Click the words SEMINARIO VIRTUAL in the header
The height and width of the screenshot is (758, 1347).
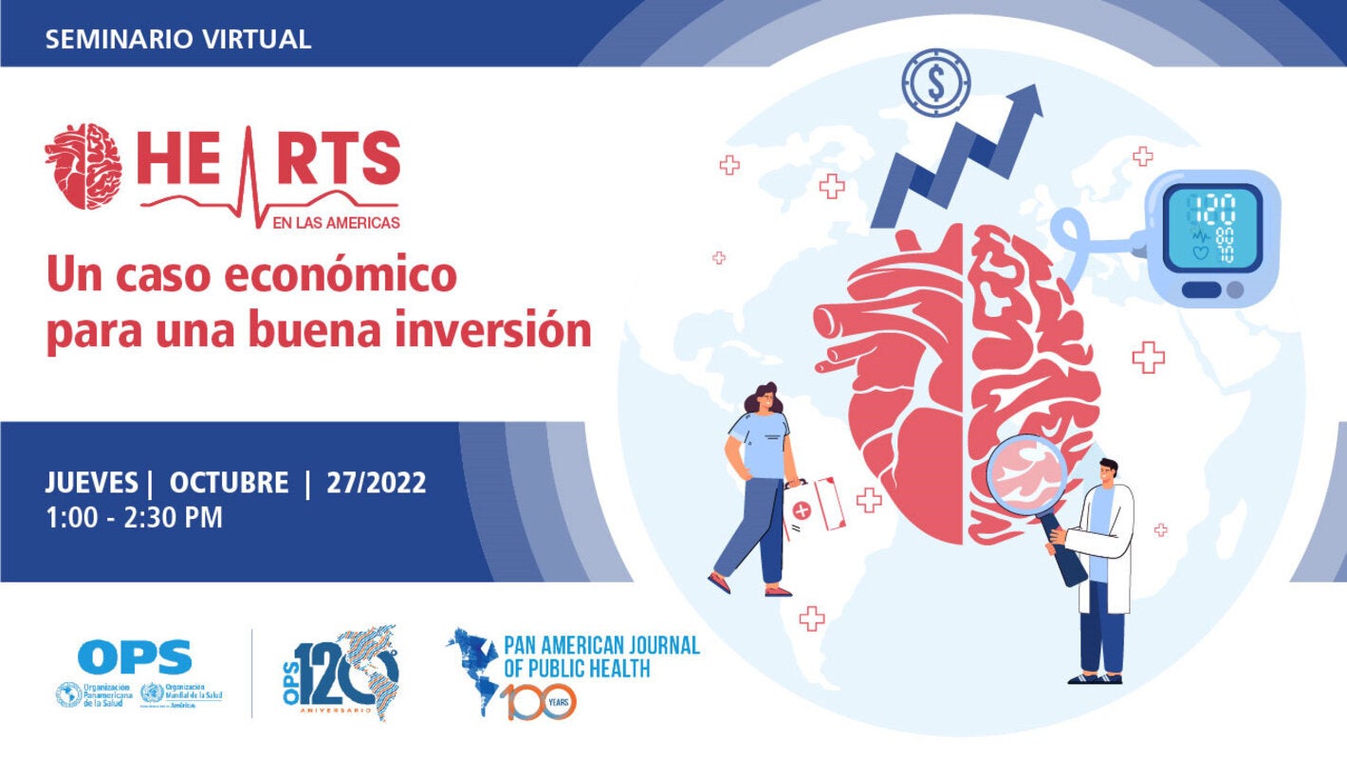178,39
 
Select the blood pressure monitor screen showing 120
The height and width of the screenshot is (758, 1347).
1213,227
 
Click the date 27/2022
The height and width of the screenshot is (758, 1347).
377,483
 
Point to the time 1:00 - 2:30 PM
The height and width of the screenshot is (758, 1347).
134,519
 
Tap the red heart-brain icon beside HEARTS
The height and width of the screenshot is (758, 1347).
83,166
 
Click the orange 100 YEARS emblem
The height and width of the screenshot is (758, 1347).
538,702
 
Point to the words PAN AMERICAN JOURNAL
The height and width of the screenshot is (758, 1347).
602,646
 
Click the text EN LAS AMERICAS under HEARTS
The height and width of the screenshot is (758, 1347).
338,222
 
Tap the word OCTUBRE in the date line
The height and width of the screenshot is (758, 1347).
229,483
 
